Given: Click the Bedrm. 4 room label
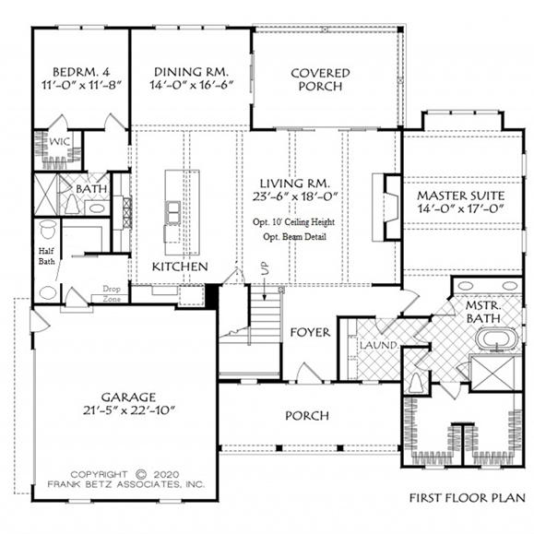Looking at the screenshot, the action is [81, 72].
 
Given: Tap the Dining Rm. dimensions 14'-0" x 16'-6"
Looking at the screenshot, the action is [192, 85].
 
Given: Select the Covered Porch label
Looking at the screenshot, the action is [320, 79].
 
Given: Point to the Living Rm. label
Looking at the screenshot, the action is [295, 184].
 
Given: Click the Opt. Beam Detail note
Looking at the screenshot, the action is [294, 237].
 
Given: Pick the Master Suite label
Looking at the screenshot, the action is [461, 196].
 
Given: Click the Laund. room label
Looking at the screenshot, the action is [379, 345].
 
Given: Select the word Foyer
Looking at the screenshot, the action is [310, 332].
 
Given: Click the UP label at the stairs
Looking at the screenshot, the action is [265, 267].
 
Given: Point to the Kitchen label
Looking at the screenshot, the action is [180, 267].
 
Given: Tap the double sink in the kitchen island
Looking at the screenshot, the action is [173, 212].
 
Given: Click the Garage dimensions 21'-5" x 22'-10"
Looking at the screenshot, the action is [129, 410].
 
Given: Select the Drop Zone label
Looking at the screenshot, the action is [112, 294].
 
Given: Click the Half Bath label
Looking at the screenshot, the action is [46, 256].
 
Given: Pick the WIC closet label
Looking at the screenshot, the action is [59, 141].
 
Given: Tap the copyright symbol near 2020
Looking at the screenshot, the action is [141, 474].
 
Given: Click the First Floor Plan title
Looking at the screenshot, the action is [467, 498].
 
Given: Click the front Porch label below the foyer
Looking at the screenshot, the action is [307, 415].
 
